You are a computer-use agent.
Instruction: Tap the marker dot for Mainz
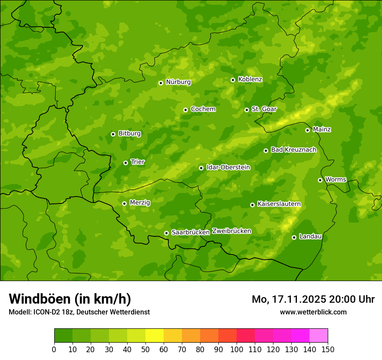pos(307,130)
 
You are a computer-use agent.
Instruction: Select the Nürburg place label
pos(178,82)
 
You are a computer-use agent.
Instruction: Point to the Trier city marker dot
pos(125,163)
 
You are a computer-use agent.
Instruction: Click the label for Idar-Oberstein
pos(228,167)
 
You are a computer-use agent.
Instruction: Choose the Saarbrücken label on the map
pos(190,232)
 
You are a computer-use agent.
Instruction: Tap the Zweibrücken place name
pos(231,231)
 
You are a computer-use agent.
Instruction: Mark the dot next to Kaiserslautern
pos(252,205)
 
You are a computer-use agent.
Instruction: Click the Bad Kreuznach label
pos(293,150)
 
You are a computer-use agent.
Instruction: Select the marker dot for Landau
pos(294,237)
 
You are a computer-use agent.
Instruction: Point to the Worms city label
pos(335,180)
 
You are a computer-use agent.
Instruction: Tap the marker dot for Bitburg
pos(113,134)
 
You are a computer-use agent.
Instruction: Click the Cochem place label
pos(203,109)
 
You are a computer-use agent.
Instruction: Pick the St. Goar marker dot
pos(247,110)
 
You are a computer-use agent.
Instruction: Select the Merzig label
pos(140,203)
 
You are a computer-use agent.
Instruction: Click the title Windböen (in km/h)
pos(70,299)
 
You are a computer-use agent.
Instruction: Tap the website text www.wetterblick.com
pos(313,312)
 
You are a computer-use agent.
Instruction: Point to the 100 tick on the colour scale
pos(237,349)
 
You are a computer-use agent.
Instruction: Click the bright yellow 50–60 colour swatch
pos(155,336)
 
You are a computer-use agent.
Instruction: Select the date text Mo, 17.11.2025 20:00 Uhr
pos(313,299)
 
